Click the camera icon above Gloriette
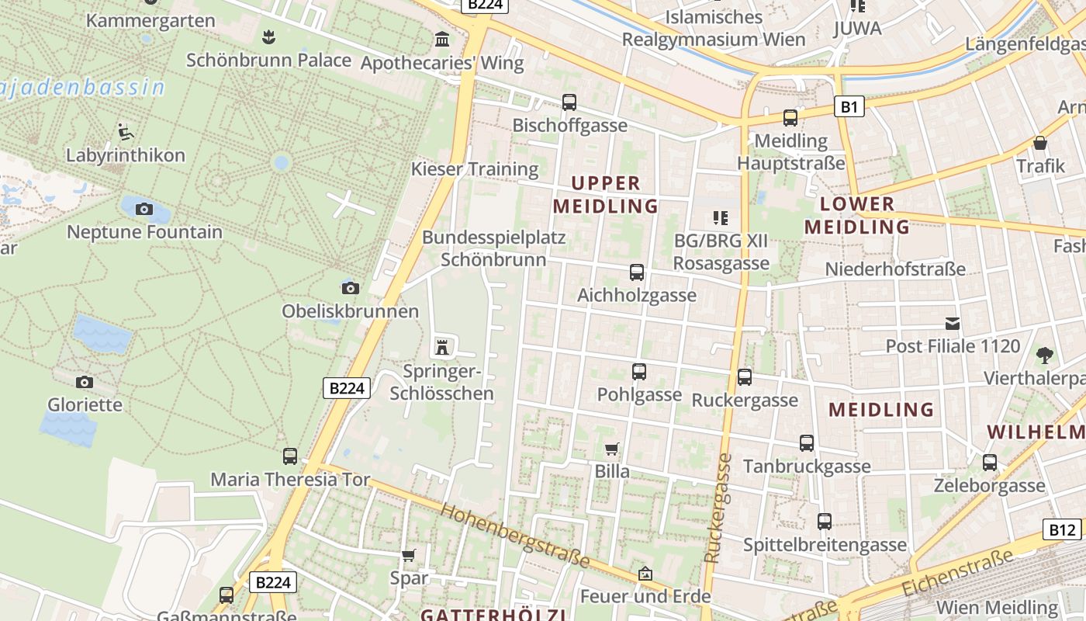coord(85,382)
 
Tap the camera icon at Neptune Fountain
coord(144,209)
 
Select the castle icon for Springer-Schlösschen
coord(442,348)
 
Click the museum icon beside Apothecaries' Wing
coord(442,39)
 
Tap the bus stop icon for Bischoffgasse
coord(569,102)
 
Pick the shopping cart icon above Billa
coord(612,449)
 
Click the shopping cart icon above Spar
coord(409,555)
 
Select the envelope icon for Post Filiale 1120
coord(952,323)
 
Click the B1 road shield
coord(849,106)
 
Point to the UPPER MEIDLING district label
coord(605,195)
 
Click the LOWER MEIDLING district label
coord(856,216)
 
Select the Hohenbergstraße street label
coord(514,536)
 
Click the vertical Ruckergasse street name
coord(718,508)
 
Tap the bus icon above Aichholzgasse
coord(637,272)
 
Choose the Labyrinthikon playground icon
coord(125,131)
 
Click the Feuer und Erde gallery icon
coord(645,574)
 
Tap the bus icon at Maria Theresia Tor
coord(290,456)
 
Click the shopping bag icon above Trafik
coord(1040,143)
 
